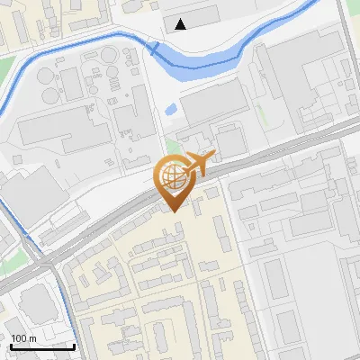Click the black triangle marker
pos(183,24)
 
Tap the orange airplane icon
pos(198,164)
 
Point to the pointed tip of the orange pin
pos(173,211)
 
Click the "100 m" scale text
pos(23,337)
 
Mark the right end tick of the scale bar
pos(74,345)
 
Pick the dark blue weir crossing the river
pos(155,48)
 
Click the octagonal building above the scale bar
pos(36,302)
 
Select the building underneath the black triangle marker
pos(191,15)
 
